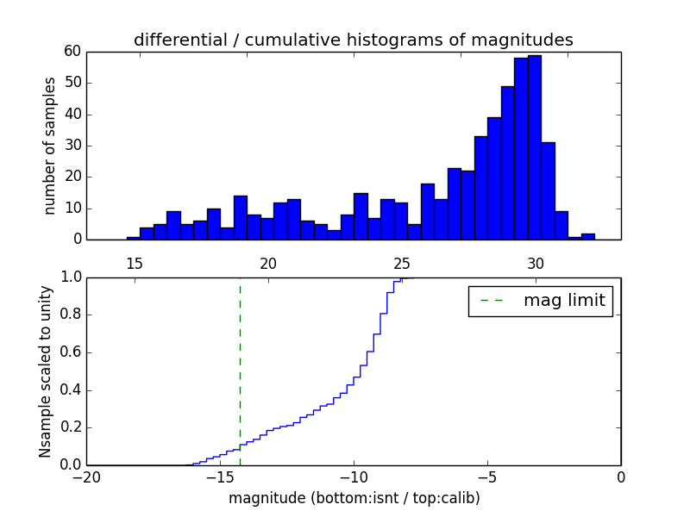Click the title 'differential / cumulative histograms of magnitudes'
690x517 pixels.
[x=353, y=40]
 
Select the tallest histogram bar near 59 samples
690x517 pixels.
[x=535, y=147]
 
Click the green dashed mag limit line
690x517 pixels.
[x=240, y=371]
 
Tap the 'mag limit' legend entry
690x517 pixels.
[x=541, y=301]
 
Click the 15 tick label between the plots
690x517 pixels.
[x=134, y=265]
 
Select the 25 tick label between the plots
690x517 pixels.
[x=401, y=265]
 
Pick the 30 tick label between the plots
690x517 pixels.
[x=535, y=265]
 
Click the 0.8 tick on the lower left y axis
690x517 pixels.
[x=70, y=315]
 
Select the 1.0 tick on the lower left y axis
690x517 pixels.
[x=70, y=277]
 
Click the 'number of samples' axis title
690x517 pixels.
[x=50, y=146]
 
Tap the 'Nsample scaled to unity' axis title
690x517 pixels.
[x=46, y=371]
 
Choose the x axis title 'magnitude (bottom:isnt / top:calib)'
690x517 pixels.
[x=354, y=498]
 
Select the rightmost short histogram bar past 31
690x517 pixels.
[x=588, y=236]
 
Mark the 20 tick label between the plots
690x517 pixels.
[x=267, y=265]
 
